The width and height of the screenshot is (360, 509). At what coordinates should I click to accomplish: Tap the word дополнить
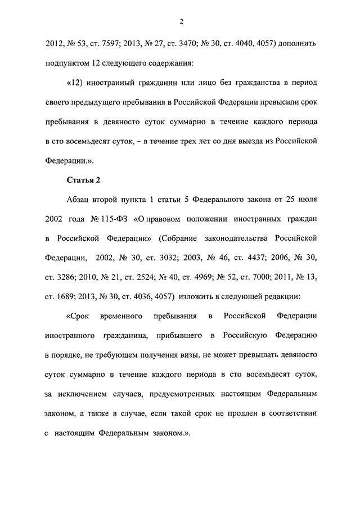[299, 42]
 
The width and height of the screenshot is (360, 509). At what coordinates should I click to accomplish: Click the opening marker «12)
[75, 83]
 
